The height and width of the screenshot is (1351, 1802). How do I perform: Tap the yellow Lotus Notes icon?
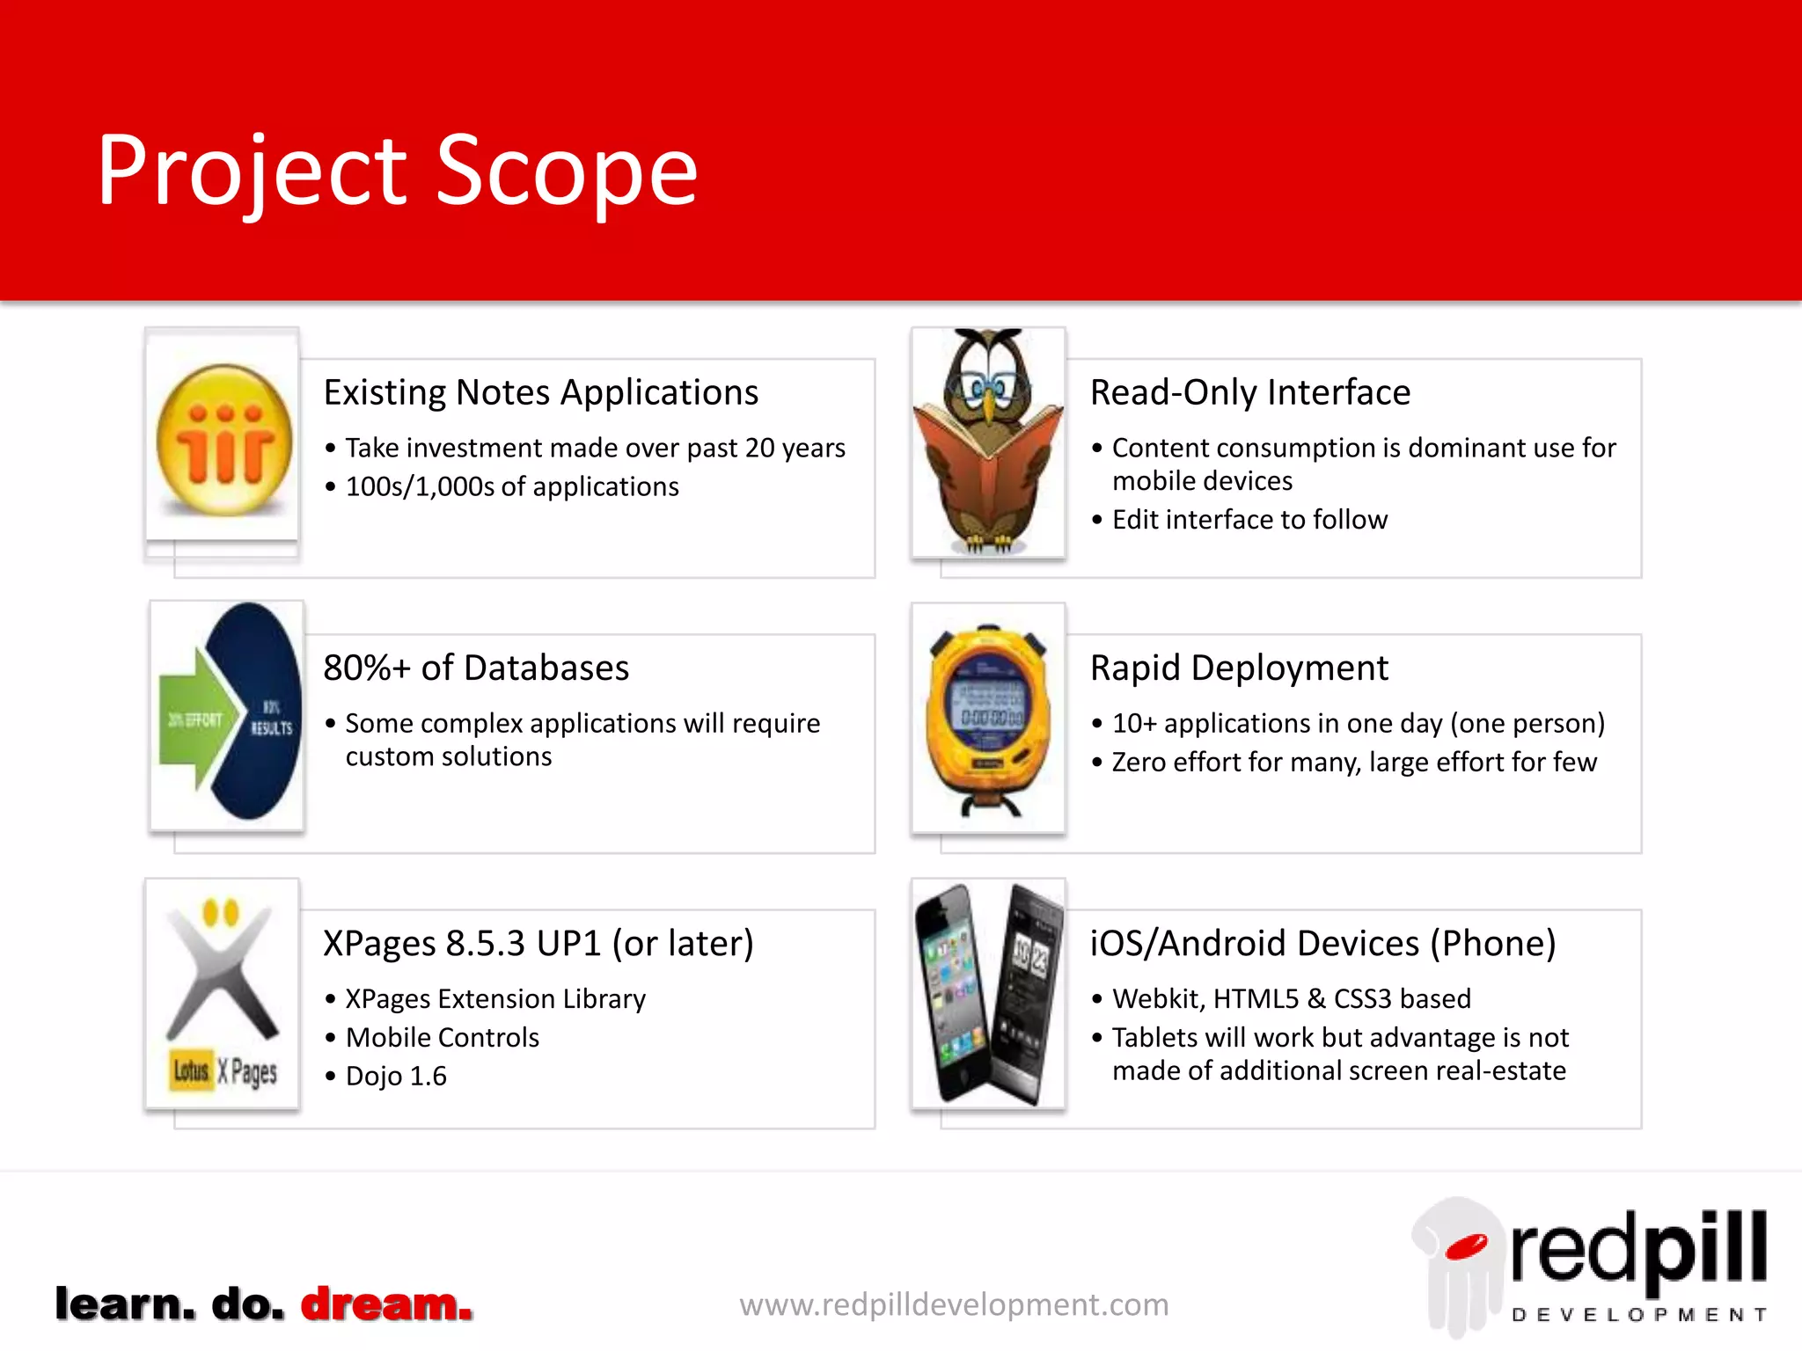[223, 440]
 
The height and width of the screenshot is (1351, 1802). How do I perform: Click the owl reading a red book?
[988, 442]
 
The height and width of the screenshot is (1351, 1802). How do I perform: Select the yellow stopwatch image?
[988, 718]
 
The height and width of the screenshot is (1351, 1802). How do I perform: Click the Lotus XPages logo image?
[223, 994]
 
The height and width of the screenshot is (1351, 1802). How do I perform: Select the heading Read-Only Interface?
[1249, 392]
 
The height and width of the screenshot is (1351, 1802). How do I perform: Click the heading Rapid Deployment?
[1238, 668]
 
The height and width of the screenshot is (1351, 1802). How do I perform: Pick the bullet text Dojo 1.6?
[396, 1076]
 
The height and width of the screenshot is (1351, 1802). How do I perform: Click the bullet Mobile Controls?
[442, 1037]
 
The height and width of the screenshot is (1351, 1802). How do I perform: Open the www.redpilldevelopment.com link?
[954, 1304]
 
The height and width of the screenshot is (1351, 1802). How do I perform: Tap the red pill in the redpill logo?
[1465, 1247]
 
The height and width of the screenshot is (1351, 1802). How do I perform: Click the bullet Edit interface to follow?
[1249, 520]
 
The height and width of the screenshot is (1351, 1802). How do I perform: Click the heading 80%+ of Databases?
[476, 668]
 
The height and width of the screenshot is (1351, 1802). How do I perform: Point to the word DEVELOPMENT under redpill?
[1638, 1315]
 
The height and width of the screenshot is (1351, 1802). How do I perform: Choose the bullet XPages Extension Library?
[494, 998]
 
